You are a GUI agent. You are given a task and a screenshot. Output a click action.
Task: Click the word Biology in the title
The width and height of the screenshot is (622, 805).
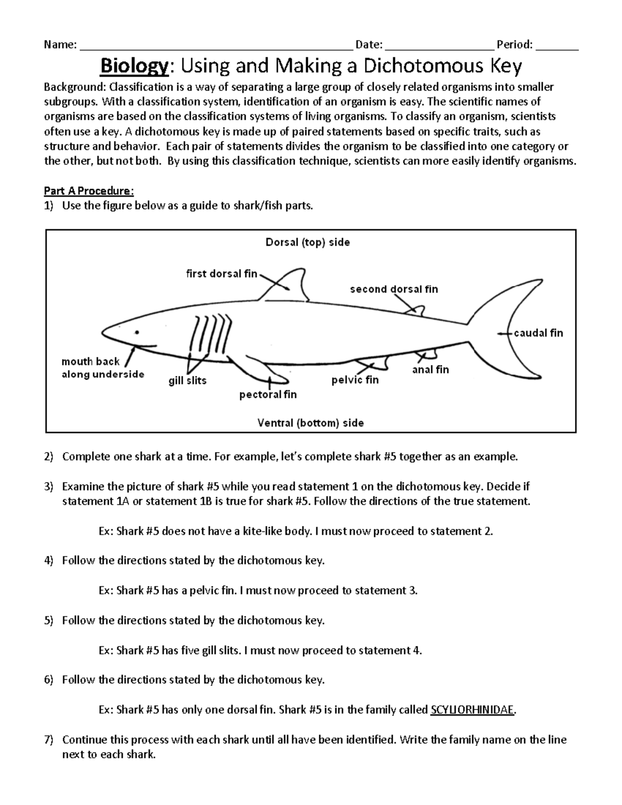(134, 66)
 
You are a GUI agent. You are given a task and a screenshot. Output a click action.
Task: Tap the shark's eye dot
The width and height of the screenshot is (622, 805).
(137, 332)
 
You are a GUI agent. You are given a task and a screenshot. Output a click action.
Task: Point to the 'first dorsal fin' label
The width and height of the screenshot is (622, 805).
(221, 274)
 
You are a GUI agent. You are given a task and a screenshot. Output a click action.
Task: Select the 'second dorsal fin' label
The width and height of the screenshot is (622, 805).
(394, 289)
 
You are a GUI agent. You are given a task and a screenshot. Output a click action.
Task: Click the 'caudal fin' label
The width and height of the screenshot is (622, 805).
(538, 333)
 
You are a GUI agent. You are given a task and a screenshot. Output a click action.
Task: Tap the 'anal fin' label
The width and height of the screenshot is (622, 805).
(430, 370)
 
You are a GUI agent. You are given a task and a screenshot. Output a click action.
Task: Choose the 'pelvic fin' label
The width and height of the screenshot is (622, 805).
(355, 380)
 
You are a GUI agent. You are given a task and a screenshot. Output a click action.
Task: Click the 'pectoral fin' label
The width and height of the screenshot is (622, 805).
(268, 394)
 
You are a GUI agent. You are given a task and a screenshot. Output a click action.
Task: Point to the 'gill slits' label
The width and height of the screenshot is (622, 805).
(188, 380)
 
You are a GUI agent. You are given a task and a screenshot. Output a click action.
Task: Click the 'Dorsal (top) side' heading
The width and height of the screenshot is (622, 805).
(308, 242)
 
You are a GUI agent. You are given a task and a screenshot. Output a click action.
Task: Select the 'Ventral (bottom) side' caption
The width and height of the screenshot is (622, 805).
(310, 423)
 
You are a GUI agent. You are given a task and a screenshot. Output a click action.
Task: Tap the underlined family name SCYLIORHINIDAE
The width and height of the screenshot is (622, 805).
(472, 710)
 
